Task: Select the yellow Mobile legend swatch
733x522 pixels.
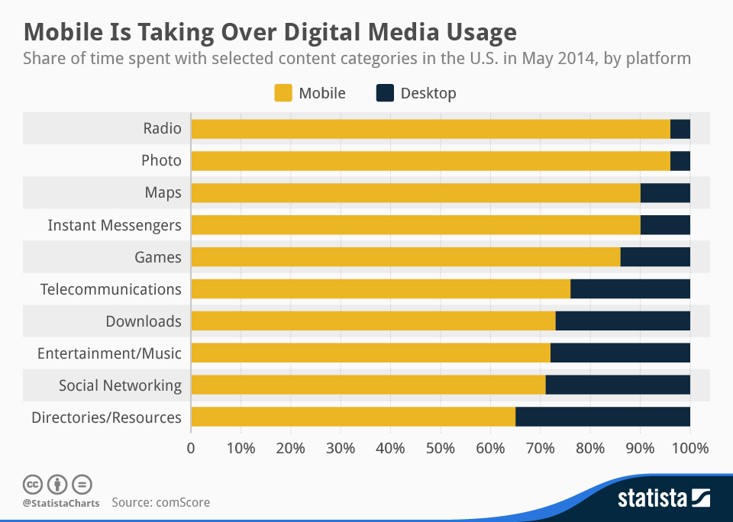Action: point(283,93)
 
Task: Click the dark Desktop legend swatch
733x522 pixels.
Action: point(386,93)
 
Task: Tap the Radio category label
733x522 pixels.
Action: point(163,128)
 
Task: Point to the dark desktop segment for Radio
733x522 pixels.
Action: point(680,129)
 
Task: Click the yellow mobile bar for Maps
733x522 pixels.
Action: point(415,193)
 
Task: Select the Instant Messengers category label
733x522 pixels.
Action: point(115,225)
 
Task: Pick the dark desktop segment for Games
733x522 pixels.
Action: point(655,257)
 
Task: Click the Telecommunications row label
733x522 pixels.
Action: point(111,289)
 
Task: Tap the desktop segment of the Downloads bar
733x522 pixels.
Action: point(622,321)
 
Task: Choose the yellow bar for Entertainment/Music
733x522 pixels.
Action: point(370,353)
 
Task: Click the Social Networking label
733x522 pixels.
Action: point(120,385)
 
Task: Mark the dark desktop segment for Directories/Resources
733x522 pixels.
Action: point(602,417)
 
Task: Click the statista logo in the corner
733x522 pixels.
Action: point(663,499)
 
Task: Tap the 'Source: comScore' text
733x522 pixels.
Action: point(160,502)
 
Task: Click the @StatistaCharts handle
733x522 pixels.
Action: point(61,503)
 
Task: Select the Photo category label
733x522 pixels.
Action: point(161,160)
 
